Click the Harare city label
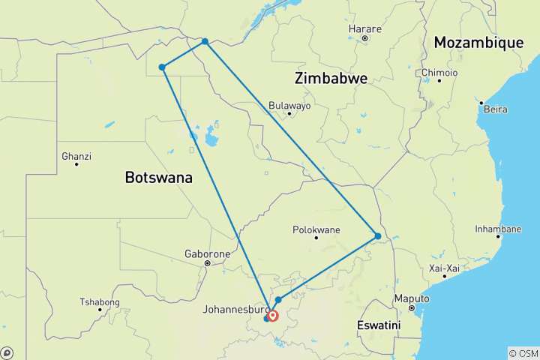[365, 29]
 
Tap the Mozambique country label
[478, 43]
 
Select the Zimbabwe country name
[331, 79]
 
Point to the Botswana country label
[158, 178]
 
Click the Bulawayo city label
[289, 106]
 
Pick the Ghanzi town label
[76, 156]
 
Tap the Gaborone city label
[207, 254]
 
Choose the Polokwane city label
[316, 229]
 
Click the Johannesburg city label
[236, 308]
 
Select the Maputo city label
[412, 298]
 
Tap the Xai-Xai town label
[445, 268]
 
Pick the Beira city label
[495, 109]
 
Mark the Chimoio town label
[439, 72]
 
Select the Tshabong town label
[99, 301]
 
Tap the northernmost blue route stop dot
[205, 42]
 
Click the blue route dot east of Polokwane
[378, 236]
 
